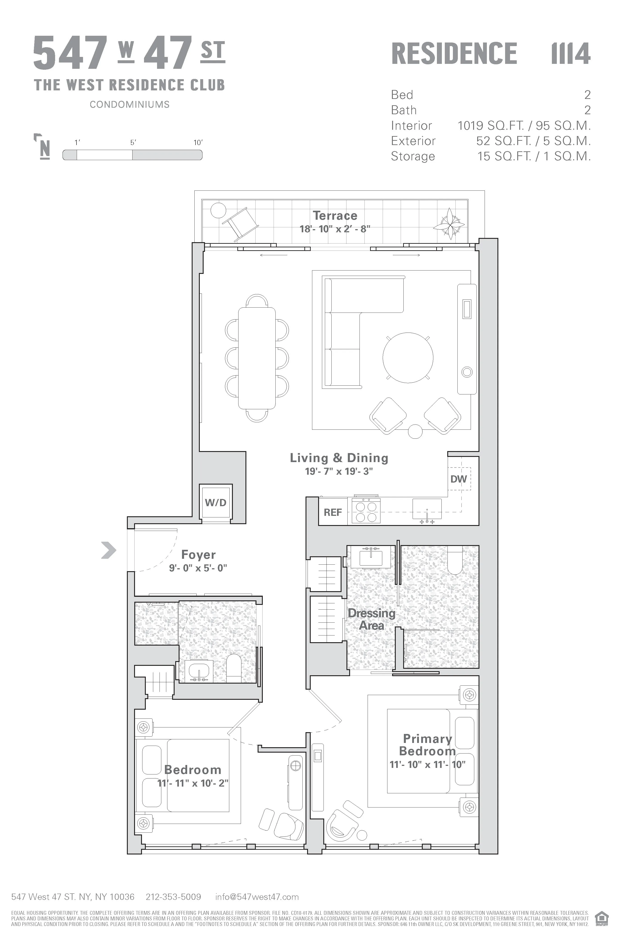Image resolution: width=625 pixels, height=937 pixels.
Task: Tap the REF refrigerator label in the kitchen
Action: tap(333, 512)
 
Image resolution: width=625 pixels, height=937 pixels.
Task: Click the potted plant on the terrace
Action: tap(449, 224)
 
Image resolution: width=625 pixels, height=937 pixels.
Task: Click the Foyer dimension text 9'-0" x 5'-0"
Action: tap(198, 568)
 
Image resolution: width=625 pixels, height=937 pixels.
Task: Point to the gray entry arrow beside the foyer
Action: tap(108, 550)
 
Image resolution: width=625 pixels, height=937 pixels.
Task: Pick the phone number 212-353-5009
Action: tap(173, 897)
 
